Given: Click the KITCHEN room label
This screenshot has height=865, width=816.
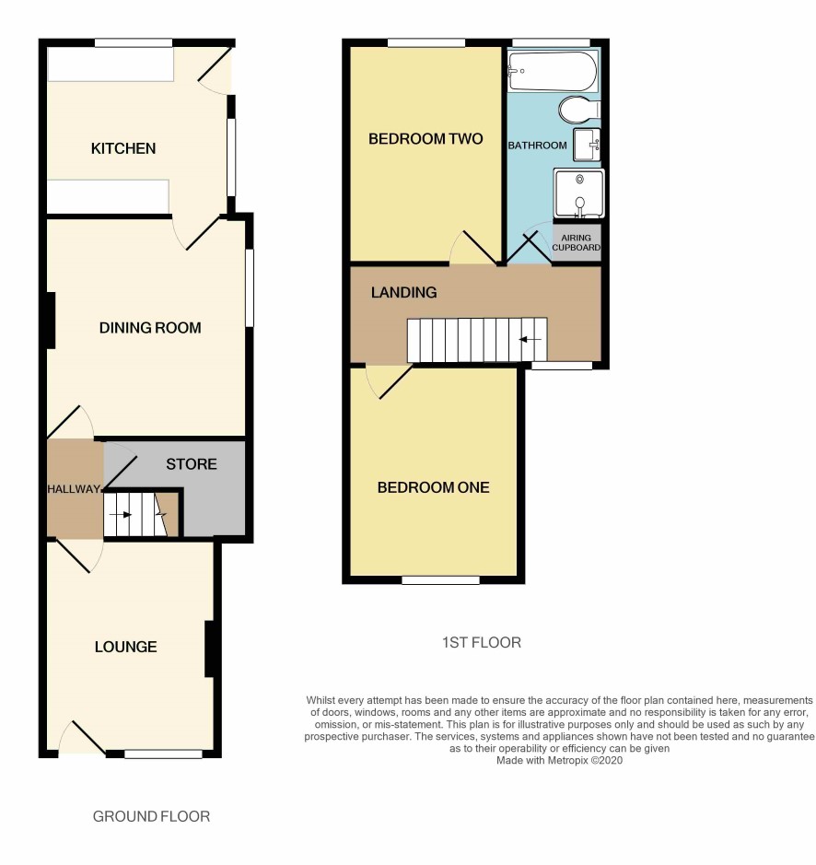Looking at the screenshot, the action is pos(123,148).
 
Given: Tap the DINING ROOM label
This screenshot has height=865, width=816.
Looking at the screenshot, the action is pos(150,328).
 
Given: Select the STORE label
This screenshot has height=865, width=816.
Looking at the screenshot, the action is pos(192,464).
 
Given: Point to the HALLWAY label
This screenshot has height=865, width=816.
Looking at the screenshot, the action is pos(74,489).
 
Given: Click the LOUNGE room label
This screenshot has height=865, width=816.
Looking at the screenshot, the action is pos(126,647).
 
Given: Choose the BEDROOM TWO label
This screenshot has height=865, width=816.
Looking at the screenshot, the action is pos(425,139).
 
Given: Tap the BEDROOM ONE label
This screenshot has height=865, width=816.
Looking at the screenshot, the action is pos(433,487).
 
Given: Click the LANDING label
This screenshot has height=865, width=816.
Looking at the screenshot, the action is pos(404,292).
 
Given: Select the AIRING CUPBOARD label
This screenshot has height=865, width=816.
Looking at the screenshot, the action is pos(576,242).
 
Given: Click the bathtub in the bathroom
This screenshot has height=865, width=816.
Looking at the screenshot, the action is pos(553,72).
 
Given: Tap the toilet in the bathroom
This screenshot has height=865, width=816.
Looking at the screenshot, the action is pos(578,110).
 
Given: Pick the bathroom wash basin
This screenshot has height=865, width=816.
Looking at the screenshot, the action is pos(587,145).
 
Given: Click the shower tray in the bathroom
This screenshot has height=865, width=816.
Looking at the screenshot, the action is pos(579,193).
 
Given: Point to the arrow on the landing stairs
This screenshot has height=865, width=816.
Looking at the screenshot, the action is pos(530,339).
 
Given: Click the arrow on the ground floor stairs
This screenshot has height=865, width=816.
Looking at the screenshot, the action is pos(121,515).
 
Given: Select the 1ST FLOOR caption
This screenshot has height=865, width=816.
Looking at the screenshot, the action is pos(482,643).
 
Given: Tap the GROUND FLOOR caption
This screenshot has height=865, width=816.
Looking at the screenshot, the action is pos(151,816).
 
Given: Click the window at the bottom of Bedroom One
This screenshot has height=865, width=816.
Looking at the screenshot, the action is pos(440,579).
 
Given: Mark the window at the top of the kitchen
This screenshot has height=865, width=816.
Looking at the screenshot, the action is pos(133,42).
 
